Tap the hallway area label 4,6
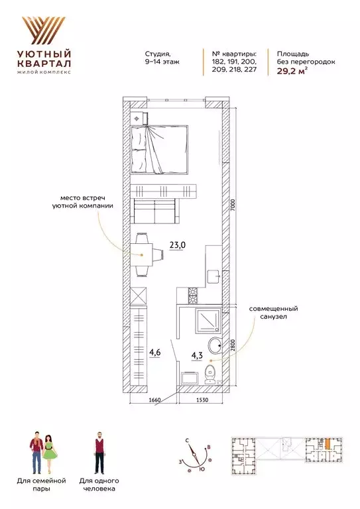pos(154,353)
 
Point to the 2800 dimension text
pos(234,347)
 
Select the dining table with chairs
pos(145,254)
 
